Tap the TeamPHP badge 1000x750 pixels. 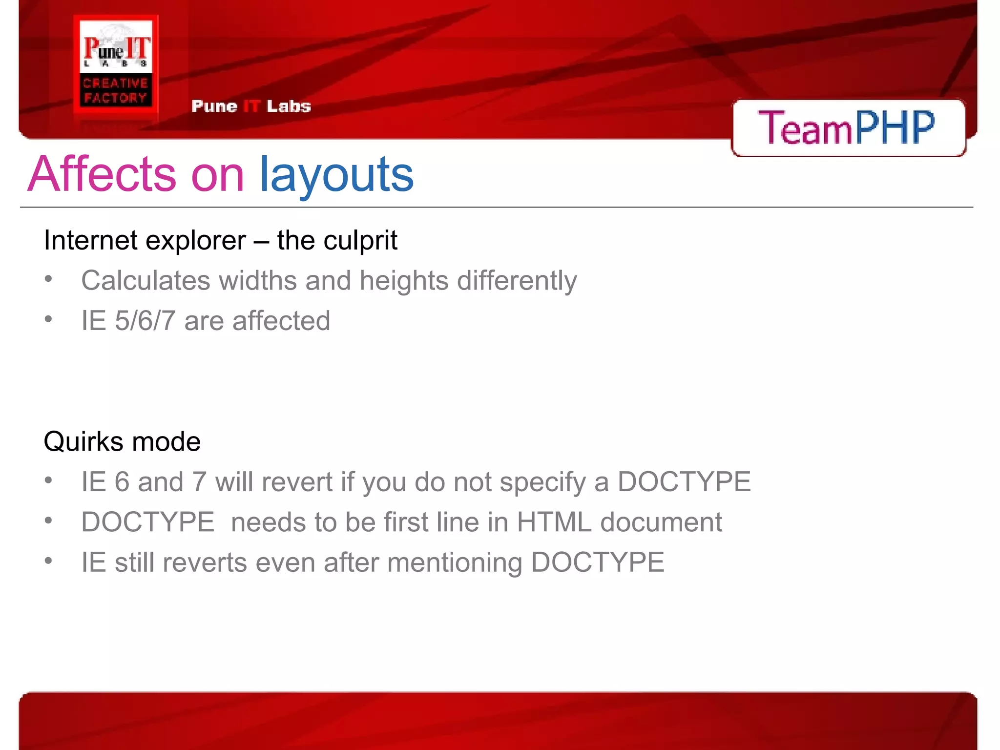pyautogui.click(x=848, y=128)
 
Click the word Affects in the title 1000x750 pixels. pyautogui.click(x=102, y=174)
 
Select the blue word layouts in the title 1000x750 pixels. pyautogui.click(x=336, y=174)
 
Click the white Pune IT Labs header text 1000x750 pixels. pyautogui.click(x=251, y=106)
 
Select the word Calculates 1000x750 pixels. pyautogui.click(x=145, y=281)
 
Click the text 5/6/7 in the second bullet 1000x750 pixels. pyautogui.click(x=145, y=321)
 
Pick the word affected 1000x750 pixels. pyautogui.click(x=281, y=321)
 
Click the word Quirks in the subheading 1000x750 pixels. pyautogui.click(x=83, y=441)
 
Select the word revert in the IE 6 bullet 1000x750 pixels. pyautogui.click(x=297, y=482)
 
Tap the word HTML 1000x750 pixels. pyautogui.click(x=554, y=522)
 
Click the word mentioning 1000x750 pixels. pyautogui.click(x=455, y=562)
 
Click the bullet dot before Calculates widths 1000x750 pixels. pyautogui.click(x=48, y=279)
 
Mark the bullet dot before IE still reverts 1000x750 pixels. pyautogui.click(x=48, y=561)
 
